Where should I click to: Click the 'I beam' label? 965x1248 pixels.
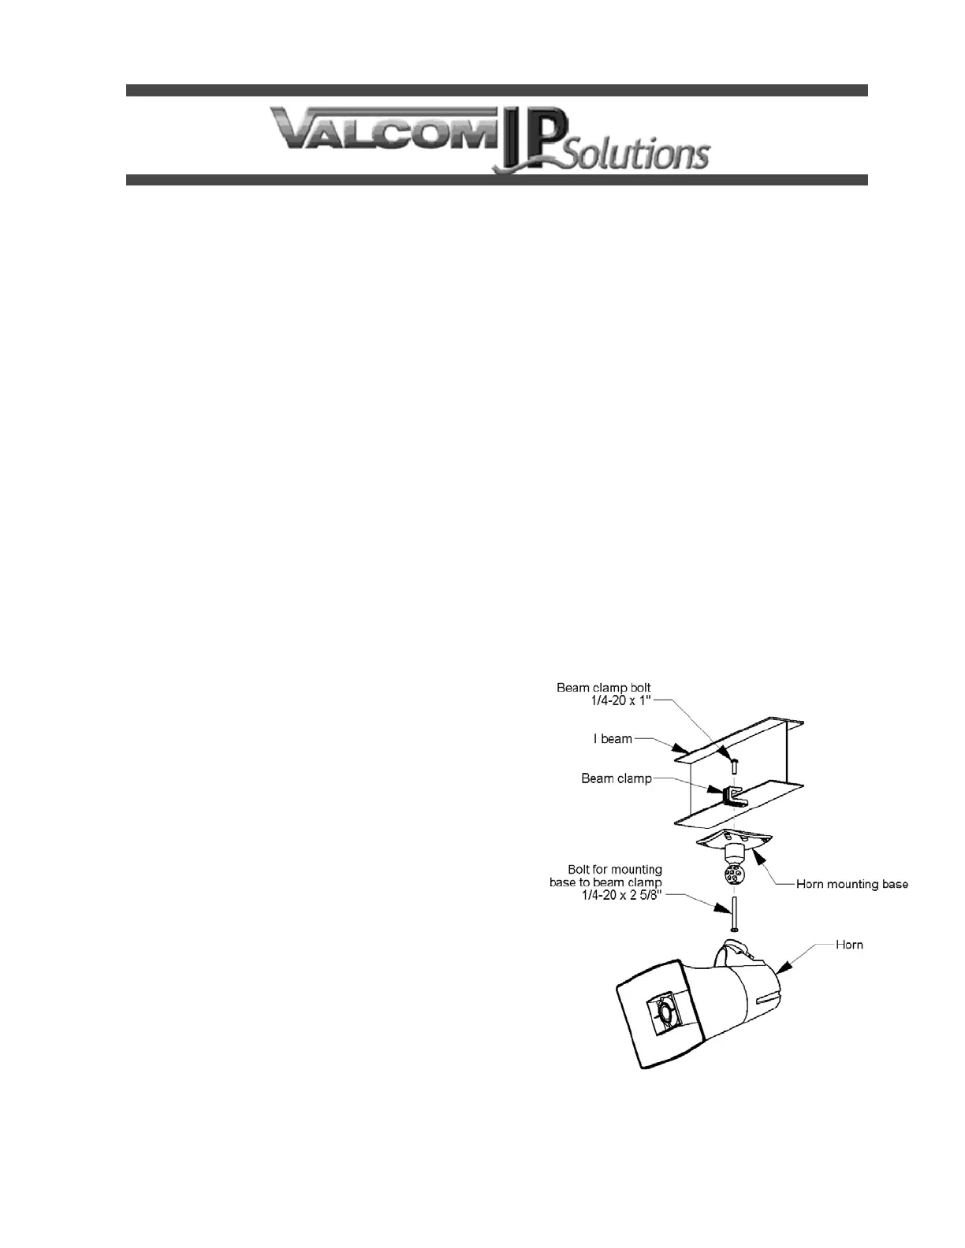click(x=613, y=739)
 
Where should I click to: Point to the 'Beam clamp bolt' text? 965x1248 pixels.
click(x=603, y=688)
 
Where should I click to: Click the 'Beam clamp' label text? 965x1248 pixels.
click(x=617, y=778)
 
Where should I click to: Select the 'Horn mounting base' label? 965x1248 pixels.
click(x=851, y=884)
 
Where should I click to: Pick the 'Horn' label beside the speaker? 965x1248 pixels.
click(x=849, y=944)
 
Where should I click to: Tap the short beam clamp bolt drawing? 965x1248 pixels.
click(x=733, y=763)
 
